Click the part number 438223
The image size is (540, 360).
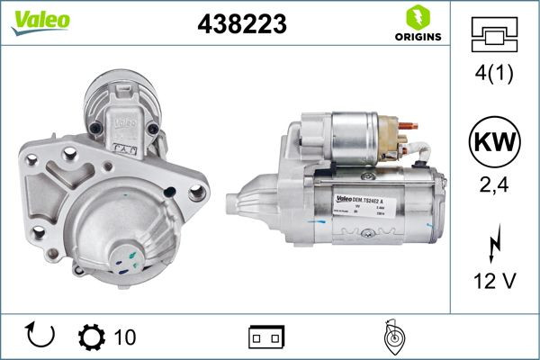[241, 25]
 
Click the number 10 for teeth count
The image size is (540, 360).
[126, 337]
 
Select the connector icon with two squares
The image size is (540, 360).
[267, 337]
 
